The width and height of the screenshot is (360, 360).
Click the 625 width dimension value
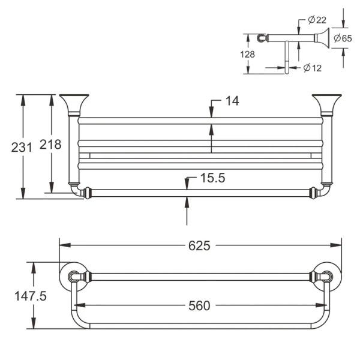click(x=199, y=245)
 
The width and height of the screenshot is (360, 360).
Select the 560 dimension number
click(x=199, y=306)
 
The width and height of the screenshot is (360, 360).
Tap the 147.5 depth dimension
click(x=31, y=296)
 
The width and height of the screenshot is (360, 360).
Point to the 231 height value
click(x=22, y=147)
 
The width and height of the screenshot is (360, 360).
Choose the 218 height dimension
click(x=50, y=145)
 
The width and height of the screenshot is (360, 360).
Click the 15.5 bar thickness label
click(x=212, y=178)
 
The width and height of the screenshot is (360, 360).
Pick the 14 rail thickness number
click(x=232, y=101)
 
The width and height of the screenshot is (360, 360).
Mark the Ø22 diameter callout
click(x=317, y=20)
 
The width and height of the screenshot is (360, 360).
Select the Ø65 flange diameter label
click(x=343, y=38)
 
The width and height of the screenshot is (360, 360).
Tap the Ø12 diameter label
click(x=312, y=68)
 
